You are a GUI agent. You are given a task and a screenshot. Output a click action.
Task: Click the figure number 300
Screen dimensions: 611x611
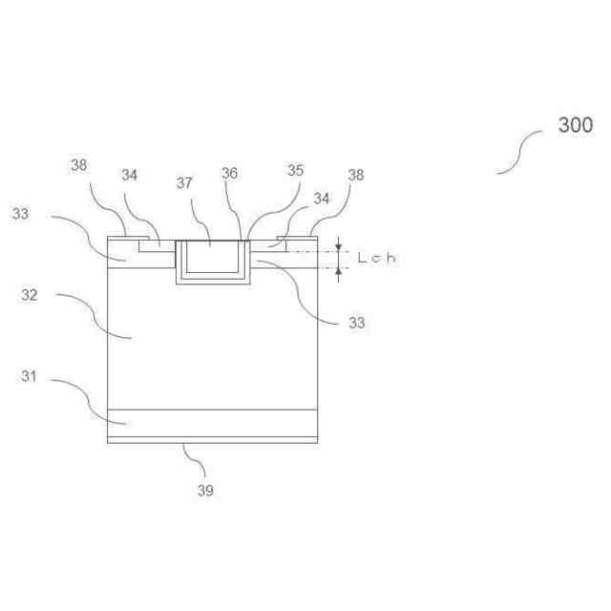pyautogui.click(x=576, y=125)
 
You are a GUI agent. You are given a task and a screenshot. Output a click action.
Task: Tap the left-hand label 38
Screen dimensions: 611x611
pyautogui.click(x=78, y=165)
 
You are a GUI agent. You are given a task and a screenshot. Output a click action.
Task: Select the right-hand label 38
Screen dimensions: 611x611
pyautogui.click(x=355, y=176)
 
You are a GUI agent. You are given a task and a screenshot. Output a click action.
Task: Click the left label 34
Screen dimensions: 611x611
pyautogui.click(x=129, y=175)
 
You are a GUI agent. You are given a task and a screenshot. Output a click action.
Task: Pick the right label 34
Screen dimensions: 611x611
pyautogui.click(x=322, y=199)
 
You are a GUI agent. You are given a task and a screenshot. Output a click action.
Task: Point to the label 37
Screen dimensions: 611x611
pyautogui.click(x=185, y=182)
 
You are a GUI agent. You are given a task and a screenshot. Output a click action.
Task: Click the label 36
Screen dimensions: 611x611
pyautogui.click(x=229, y=173)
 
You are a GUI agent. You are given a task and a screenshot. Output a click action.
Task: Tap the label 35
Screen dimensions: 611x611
pyautogui.click(x=295, y=170)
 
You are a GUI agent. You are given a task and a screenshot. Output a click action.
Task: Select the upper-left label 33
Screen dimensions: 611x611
pyautogui.click(x=21, y=214)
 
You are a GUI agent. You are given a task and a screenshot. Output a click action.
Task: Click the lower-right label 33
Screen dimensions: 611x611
pyautogui.click(x=356, y=323)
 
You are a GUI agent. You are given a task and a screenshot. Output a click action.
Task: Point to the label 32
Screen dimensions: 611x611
pyautogui.click(x=30, y=295)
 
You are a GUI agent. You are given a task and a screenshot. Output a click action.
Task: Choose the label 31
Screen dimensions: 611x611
pyautogui.click(x=30, y=376)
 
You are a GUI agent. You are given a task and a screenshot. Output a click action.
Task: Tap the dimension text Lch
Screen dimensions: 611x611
pyautogui.click(x=376, y=258)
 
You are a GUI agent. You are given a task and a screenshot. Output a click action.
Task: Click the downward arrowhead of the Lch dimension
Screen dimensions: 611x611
pyautogui.click(x=338, y=247)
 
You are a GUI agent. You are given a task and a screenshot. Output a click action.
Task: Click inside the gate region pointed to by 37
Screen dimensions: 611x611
pyautogui.click(x=212, y=257)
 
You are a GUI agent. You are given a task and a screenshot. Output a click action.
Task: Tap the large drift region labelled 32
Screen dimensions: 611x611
pyautogui.click(x=210, y=344)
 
